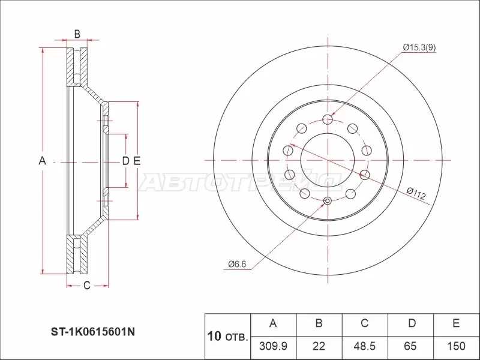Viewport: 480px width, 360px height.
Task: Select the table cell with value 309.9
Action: [x=273, y=346]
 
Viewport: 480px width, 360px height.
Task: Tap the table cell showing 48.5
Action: [x=364, y=346]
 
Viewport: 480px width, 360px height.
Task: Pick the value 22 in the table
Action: [x=319, y=346]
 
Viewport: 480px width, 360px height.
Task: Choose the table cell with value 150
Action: [x=456, y=346]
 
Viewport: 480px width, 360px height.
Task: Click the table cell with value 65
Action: [x=411, y=346]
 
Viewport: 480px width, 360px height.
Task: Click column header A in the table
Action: [x=273, y=324]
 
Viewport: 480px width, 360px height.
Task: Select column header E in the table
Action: [x=456, y=324]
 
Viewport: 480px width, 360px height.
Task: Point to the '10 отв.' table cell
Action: [x=227, y=335]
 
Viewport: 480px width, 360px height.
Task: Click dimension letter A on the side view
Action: [x=42, y=161]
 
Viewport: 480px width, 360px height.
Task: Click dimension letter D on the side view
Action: [x=125, y=161]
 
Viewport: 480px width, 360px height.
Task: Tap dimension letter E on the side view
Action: [x=137, y=161]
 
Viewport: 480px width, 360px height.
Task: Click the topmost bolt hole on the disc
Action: [x=327, y=119]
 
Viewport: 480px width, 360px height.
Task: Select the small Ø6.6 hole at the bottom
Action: [x=327, y=201]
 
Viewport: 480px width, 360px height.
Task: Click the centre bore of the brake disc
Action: [x=327, y=160]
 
